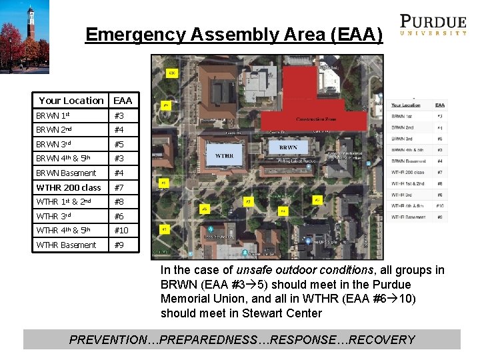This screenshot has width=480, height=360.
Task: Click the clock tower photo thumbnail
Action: point(25,37)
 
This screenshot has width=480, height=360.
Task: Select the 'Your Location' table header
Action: point(71,101)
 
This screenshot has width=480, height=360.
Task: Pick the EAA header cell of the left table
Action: point(123,101)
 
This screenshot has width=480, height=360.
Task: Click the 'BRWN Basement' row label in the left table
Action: point(66,173)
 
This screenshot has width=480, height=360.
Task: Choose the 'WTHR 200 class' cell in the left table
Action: point(69,187)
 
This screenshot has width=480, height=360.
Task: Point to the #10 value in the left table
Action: point(121,230)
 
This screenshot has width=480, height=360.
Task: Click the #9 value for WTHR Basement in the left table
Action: point(119,245)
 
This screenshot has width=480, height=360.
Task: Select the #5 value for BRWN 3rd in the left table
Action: point(119,144)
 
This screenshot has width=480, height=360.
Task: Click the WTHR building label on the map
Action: point(224,156)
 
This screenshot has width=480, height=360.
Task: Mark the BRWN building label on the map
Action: point(288,147)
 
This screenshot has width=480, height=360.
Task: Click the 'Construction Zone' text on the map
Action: point(315,119)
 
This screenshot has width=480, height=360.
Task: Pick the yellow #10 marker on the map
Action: point(172,73)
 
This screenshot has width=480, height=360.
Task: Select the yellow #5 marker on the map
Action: point(248,201)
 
